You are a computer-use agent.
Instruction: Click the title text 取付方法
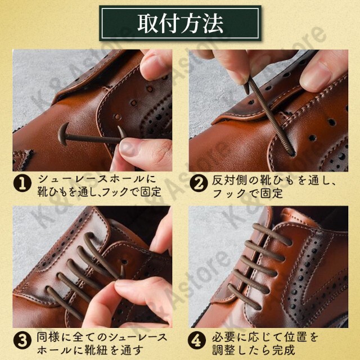click(x=180, y=23)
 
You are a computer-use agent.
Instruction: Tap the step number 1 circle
click(x=22, y=183)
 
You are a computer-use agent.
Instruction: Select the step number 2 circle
click(x=199, y=183)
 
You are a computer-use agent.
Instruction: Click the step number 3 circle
click(x=22, y=340)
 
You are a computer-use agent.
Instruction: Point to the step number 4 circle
click(x=197, y=340)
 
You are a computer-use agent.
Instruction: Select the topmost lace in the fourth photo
click(x=272, y=235)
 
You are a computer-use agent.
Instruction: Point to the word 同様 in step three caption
click(x=48, y=337)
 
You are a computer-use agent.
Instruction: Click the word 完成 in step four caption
click(x=283, y=350)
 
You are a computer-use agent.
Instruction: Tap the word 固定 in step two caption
click(x=271, y=193)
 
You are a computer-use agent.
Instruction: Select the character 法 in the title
click(x=213, y=23)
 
